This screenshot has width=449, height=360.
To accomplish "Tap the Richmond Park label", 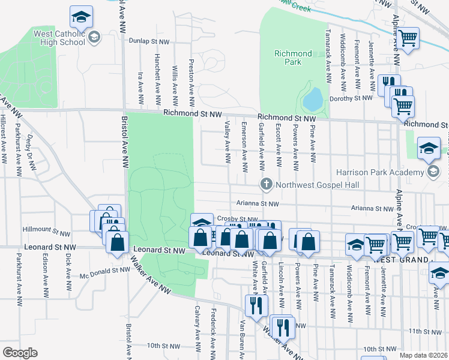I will tap(292, 58).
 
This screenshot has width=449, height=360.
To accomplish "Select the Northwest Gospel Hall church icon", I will tap(265, 184).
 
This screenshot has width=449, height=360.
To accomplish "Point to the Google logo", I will tap(20, 353).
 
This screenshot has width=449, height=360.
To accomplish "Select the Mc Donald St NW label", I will tap(104, 270).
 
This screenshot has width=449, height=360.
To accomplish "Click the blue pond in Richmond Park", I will tap(313, 100).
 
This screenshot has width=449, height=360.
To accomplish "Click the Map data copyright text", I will tap(424, 355).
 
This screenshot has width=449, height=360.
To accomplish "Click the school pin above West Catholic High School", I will tap(81, 17).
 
